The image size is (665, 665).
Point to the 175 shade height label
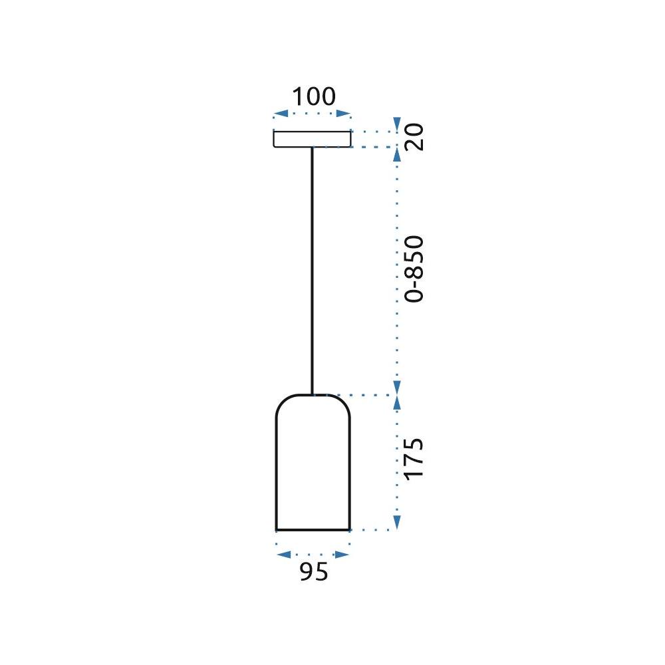coord(414,458)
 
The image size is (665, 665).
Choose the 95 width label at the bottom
coord(313,573)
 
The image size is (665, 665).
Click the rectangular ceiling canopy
coord(312,138)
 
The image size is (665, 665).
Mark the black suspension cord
coord(312,266)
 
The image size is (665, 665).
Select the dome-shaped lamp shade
coord(313,465)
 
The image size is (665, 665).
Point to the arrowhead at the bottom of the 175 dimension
coord(397,522)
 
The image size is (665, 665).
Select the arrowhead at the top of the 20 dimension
coord(397,124)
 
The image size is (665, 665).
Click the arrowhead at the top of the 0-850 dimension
coord(397,154)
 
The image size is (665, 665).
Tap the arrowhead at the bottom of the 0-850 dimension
coord(397,387)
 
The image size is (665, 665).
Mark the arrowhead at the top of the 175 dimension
coord(397,402)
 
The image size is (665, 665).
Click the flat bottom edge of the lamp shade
coord(313,530)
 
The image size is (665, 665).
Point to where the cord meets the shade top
coord(312,394)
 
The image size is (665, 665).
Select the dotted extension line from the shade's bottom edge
coord(372,530)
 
